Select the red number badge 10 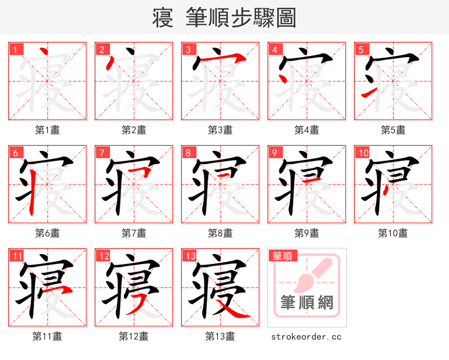(x=363, y=153)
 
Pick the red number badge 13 (x=190, y=256)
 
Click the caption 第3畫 (x=220, y=130)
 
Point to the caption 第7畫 (x=134, y=233)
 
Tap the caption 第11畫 (x=47, y=336)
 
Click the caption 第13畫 (x=220, y=336)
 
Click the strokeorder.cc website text (x=306, y=337)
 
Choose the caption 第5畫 (x=393, y=130)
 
